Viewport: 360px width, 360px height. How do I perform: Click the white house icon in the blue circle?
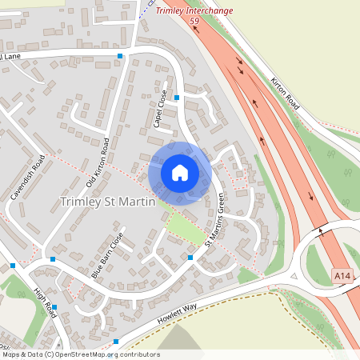point(180,173)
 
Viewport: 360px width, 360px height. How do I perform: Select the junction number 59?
point(194,22)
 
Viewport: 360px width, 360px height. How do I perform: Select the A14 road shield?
point(342,276)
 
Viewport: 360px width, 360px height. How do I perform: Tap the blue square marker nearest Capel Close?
point(177,98)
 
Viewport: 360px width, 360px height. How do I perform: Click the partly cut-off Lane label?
point(10,57)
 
